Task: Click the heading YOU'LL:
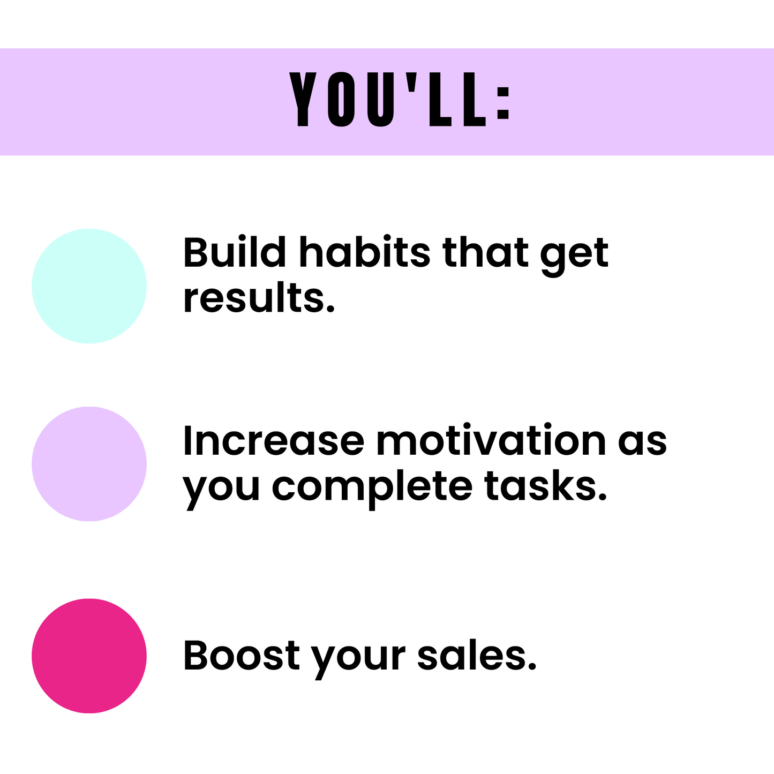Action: [x=400, y=99]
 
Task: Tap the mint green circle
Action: [x=89, y=286]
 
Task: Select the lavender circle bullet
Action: [x=89, y=464]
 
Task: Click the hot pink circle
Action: [x=89, y=656]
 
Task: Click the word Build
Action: [x=235, y=252]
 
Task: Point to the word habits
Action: [x=365, y=252]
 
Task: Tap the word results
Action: [x=259, y=298]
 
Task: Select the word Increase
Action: [x=274, y=441]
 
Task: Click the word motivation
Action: [x=491, y=440]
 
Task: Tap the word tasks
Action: [x=545, y=486]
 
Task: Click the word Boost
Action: [x=242, y=655]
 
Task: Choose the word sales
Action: [x=477, y=655]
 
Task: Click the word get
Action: [x=574, y=256]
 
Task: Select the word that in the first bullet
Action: [x=485, y=252]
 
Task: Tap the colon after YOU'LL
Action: [x=504, y=103]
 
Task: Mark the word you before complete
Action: [x=221, y=491]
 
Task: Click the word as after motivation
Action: [x=642, y=445]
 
